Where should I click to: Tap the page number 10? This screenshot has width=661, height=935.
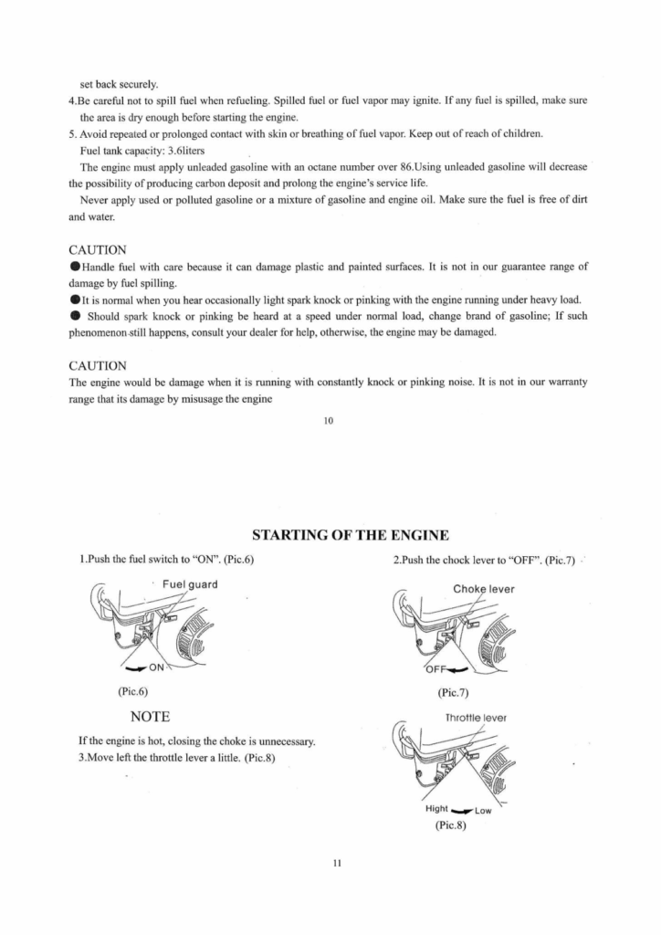coord(330,420)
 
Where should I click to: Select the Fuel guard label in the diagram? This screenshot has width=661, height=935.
coord(190,585)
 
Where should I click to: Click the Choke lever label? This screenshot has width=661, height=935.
coord(484,589)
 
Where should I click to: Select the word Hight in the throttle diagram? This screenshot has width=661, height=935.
coord(437,809)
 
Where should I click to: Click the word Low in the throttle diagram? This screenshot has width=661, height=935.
coord(485,810)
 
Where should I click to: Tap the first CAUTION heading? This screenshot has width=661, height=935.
coord(98,249)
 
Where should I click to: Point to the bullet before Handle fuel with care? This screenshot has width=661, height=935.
coord(75,268)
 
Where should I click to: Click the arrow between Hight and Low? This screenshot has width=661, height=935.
coord(462,809)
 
